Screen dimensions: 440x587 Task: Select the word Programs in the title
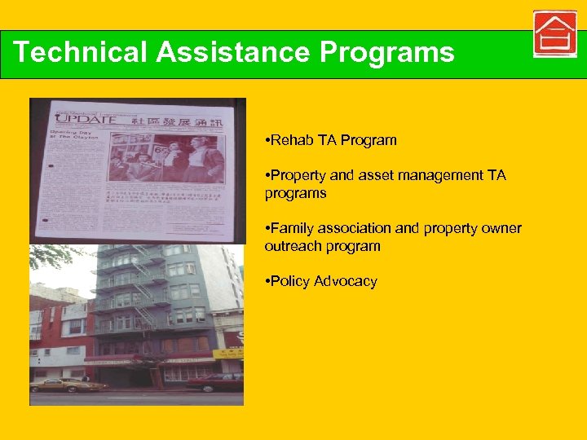click(386, 52)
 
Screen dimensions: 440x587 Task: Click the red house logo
click(554, 35)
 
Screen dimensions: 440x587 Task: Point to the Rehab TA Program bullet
click(331, 140)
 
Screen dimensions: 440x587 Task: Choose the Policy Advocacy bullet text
click(321, 281)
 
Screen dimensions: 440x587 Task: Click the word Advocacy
click(346, 281)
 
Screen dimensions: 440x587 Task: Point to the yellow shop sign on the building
click(228, 354)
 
